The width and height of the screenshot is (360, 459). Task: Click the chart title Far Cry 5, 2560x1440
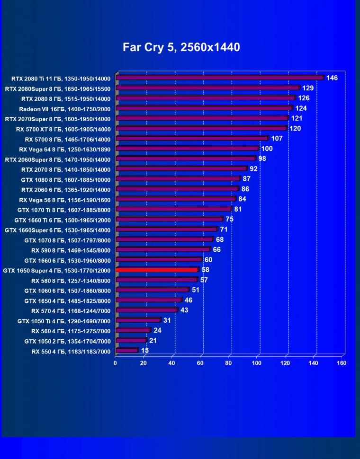[181, 47]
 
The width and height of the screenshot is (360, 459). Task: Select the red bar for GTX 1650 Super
[157, 270]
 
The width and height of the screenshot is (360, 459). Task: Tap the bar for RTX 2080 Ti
[220, 78]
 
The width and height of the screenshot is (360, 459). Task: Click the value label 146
[332, 78]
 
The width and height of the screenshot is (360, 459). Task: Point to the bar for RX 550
[127, 351]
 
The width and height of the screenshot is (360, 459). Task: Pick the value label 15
[144, 351]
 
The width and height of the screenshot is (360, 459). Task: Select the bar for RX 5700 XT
[202, 128]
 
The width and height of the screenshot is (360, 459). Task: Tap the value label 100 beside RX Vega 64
[267, 149]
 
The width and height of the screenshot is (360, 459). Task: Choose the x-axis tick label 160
[342, 363]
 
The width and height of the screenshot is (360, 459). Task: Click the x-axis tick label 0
[115, 363]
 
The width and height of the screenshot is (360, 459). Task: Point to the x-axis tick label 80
[228, 363]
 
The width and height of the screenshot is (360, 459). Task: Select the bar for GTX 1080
[178, 179]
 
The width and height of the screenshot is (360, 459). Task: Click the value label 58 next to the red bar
[205, 270]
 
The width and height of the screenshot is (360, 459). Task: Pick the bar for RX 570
[146, 310]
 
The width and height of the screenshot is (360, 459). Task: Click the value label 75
[229, 219]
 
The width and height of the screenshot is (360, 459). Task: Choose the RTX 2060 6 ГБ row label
[66, 190]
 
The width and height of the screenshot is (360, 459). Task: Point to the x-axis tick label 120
[285, 363]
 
